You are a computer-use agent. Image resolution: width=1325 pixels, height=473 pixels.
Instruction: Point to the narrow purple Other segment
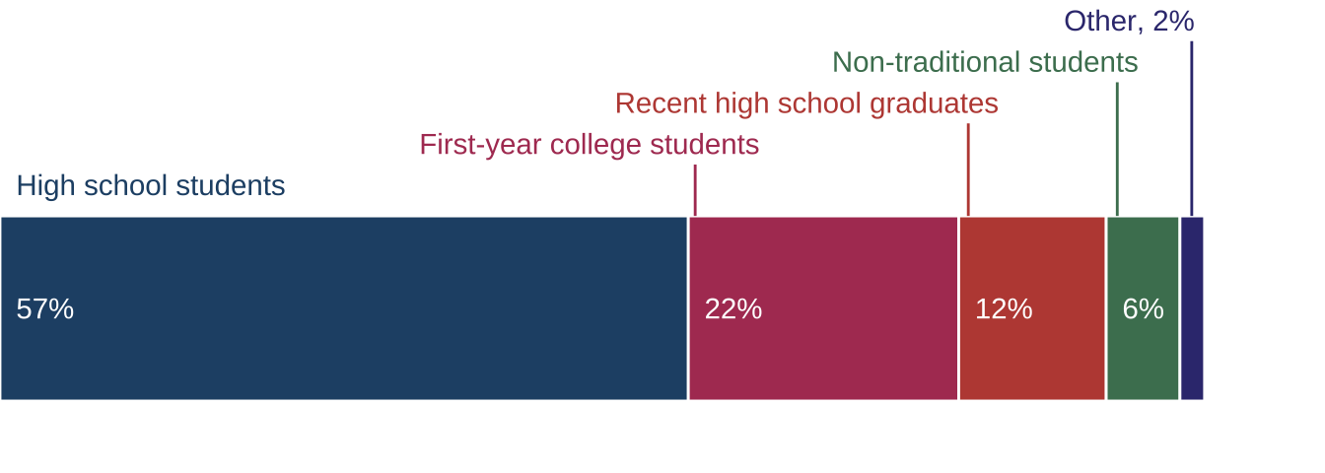[1191, 308]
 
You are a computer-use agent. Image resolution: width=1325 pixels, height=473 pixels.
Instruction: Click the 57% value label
[45, 309]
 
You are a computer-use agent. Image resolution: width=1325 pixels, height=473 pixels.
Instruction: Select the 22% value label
[732, 309]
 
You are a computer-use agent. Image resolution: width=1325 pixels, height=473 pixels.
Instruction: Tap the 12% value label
[1004, 309]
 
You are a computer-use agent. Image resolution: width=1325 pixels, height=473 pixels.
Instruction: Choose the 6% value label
[1143, 309]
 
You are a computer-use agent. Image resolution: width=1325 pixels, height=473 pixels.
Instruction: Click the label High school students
[151, 185]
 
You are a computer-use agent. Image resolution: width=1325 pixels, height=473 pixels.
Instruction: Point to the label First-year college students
[589, 145]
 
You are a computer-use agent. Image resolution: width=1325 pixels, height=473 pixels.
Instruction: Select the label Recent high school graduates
[806, 103]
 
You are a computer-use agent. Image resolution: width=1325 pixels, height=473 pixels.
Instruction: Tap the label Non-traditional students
[985, 62]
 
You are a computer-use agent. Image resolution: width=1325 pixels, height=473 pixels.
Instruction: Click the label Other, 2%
[1129, 21]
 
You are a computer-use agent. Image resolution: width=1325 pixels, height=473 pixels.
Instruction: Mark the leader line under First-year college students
[695, 189]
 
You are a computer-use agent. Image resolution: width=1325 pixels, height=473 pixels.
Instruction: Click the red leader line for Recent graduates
[968, 169]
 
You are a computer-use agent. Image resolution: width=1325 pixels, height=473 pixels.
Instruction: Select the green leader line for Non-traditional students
[1117, 148]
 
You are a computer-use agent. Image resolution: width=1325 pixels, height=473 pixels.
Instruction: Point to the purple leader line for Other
[1191, 127]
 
